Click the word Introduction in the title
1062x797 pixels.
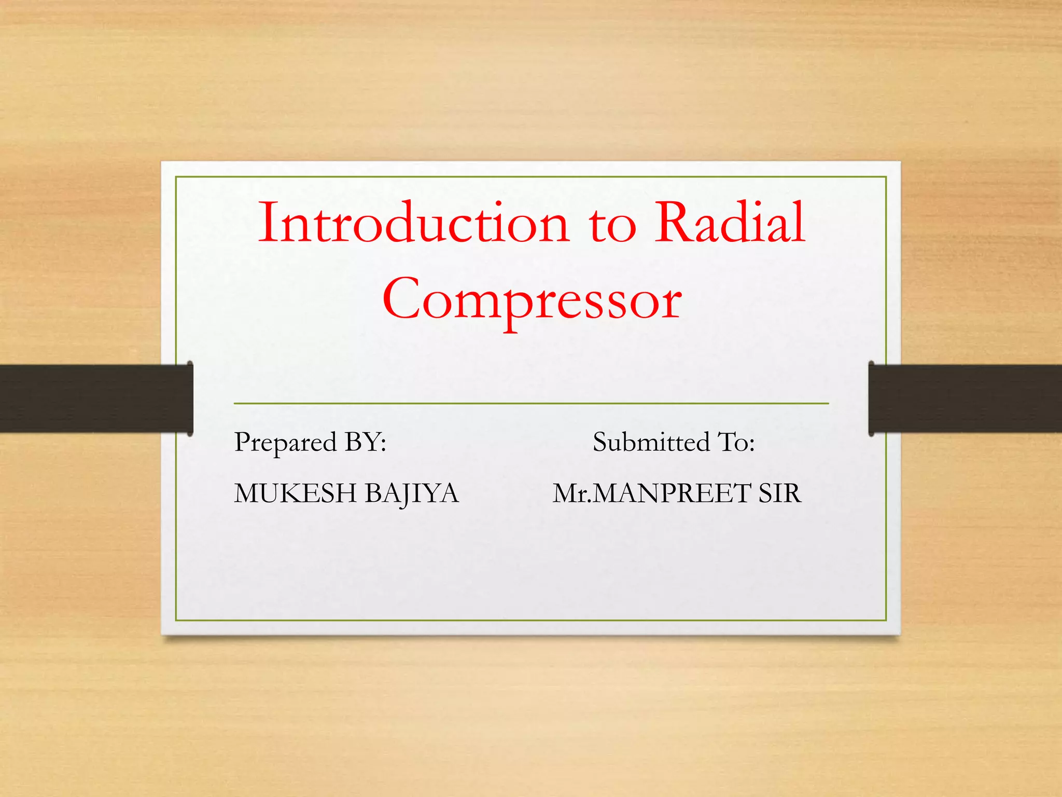point(413,223)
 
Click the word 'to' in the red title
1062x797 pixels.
point(612,226)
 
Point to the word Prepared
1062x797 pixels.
point(285,443)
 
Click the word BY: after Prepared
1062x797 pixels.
point(366,442)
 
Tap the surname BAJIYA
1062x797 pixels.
point(412,493)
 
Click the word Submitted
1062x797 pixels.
point(651,442)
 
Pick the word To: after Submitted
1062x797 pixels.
point(736,442)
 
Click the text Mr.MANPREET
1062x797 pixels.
point(651,493)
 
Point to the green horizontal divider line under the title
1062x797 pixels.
point(531,403)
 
